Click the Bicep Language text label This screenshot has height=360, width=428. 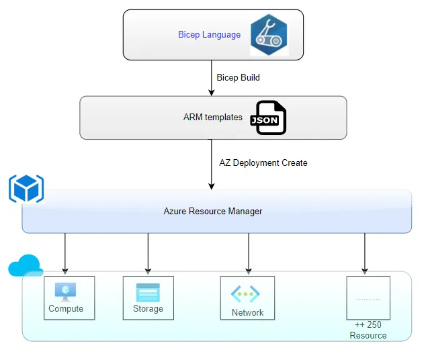click(x=209, y=34)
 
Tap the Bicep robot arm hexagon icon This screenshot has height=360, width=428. click(x=269, y=34)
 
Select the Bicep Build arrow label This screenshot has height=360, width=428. click(x=238, y=77)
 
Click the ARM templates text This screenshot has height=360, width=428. click(x=212, y=117)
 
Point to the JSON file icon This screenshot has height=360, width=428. click(x=268, y=118)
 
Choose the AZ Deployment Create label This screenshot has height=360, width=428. click(x=263, y=163)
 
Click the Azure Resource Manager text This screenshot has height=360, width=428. click(x=213, y=211)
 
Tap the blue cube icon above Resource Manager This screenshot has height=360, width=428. click(x=26, y=188)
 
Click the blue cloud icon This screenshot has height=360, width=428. click(x=26, y=267)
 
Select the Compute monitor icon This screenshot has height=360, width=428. click(x=65, y=291)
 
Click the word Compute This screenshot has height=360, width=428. click(x=66, y=309)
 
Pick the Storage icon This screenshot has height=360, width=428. click(x=148, y=292)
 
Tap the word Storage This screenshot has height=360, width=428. click(x=148, y=309)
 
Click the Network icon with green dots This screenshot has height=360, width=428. click(x=246, y=294)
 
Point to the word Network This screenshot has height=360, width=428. click(x=247, y=312)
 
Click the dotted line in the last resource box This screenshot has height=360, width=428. click(x=368, y=299)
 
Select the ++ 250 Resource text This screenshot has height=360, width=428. click(x=368, y=330)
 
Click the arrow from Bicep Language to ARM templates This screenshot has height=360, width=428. click(x=212, y=77)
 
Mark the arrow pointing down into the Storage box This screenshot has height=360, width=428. click(x=148, y=254)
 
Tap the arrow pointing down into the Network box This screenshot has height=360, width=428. click(x=249, y=254)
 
